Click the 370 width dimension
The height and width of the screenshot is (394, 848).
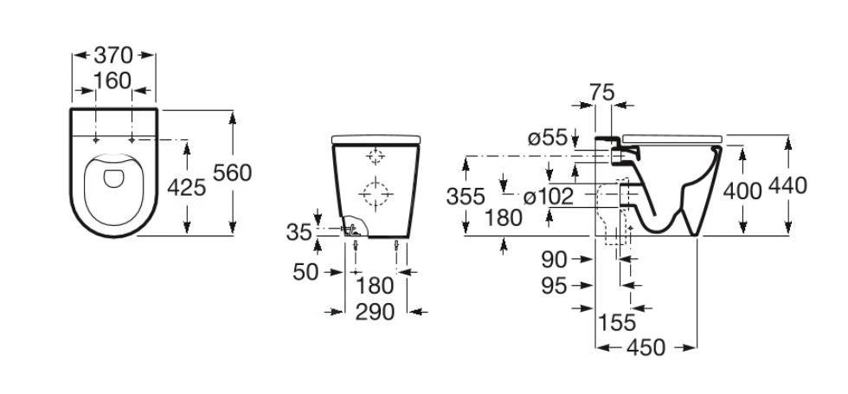(x=113, y=55)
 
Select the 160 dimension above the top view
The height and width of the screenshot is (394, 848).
(x=112, y=81)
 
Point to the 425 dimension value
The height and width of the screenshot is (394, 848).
(x=187, y=188)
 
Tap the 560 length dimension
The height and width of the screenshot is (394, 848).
(x=233, y=172)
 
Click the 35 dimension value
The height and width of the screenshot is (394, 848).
(x=299, y=232)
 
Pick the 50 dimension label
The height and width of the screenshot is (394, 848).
(x=305, y=272)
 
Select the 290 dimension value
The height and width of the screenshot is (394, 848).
(x=375, y=312)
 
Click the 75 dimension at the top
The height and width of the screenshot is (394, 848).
(x=602, y=93)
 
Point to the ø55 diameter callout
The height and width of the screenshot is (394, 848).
(x=547, y=139)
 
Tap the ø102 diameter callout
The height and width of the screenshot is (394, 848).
(x=548, y=197)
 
